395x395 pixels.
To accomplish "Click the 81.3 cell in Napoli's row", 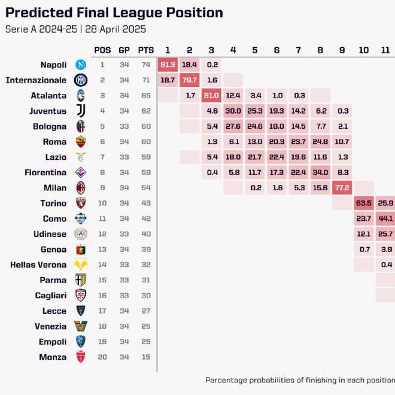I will pos(168,64).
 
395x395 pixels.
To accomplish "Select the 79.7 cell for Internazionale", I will pos(190,80).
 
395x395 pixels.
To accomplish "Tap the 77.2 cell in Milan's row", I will pos(342,187).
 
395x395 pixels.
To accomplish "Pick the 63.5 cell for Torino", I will pos(364,203).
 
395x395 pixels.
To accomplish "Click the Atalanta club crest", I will pos(81,95).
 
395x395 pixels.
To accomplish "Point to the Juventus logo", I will pos(81,111).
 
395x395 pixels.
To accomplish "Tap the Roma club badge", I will pos(81,142).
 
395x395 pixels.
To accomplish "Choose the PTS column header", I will pos(145,50).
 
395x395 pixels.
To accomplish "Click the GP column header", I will pos(124,50).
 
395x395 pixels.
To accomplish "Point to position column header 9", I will pos(342,50).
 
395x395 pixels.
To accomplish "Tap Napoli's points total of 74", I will pos(145,65).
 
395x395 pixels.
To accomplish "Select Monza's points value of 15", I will pos(145,357).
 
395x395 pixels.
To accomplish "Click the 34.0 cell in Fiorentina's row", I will pos(320,172).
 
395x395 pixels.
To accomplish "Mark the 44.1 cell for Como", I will pos(385,218).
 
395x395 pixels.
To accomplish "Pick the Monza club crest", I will pos(81,357).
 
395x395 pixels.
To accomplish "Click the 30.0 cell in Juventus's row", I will pos(233,111).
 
